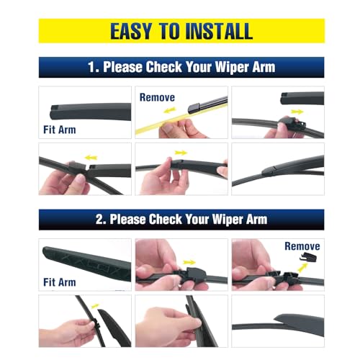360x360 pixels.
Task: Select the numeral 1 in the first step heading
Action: click(91, 68)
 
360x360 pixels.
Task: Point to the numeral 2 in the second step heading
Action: click(91, 219)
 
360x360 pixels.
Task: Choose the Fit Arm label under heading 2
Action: click(59, 283)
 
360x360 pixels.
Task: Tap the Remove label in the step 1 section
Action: click(157, 96)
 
